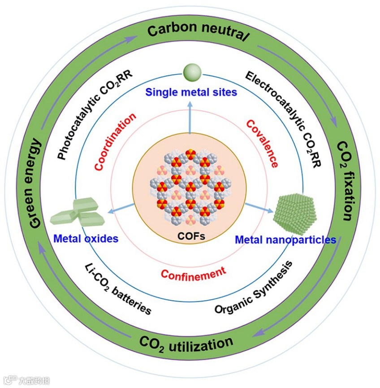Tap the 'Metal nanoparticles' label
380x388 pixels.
click(285, 240)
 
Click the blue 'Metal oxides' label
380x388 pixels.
click(86, 238)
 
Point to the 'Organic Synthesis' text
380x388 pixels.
click(253, 288)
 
